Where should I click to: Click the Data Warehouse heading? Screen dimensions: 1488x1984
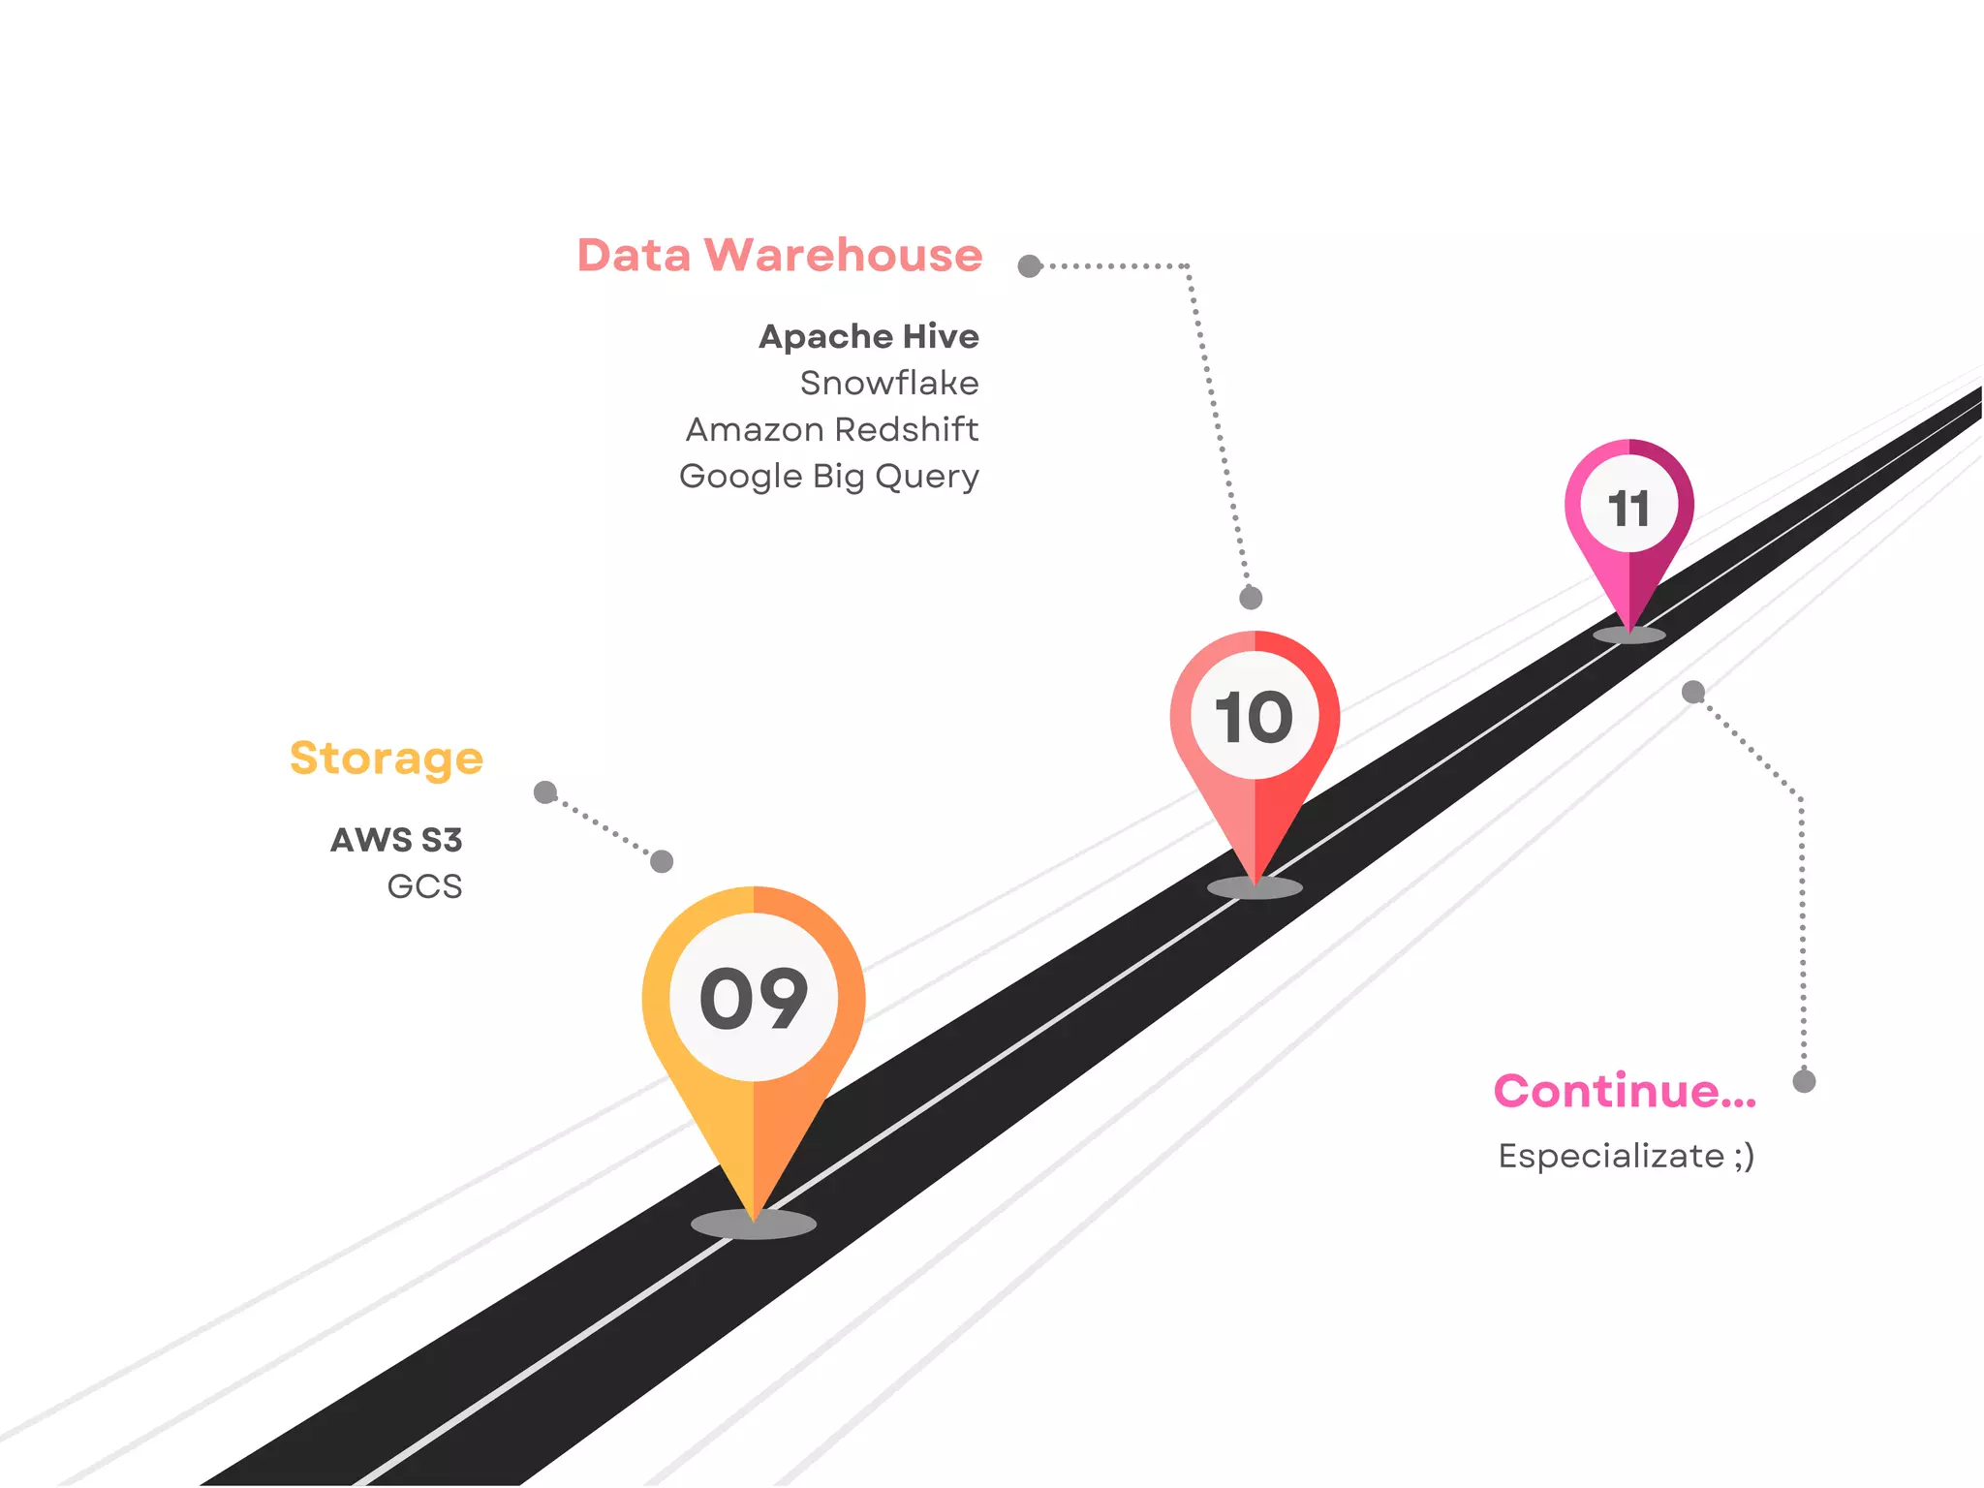click(x=780, y=256)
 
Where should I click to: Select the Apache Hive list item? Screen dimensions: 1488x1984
click(x=869, y=336)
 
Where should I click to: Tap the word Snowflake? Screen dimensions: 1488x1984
click(x=889, y=384)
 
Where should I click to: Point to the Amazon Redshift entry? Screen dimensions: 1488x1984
click(x=832, y=429)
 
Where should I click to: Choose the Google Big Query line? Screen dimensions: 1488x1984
click(x=829, y=477)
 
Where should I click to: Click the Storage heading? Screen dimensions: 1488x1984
click(x=387, y=758)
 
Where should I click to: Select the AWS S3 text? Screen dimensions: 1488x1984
click(x=397, y=840)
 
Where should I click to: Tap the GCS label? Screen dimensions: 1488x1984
click(x=424, y=886)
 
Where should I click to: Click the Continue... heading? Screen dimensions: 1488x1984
click(x=1625, y=1092)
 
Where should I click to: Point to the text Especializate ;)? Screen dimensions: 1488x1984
click(x=1627, y=1156)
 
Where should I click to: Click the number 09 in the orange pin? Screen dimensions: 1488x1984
click(x=754, y=999)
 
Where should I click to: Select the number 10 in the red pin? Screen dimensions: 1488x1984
click(x=1255, y=717)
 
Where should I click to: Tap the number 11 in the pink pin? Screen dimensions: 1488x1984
click(x=1628, y=509)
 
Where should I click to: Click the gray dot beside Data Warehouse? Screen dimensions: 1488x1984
click(x=1030, y=266)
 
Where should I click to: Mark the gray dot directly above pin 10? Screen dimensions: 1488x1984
click(x=1251, y=598)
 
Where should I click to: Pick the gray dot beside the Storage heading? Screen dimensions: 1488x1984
click(x=545, y=792)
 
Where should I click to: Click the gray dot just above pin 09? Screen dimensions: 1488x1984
click(x=662, y=861)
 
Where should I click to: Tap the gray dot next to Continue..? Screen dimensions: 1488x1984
click(x=1804, y=1081)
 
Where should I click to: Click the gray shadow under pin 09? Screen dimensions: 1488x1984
click(x=754, y=1224)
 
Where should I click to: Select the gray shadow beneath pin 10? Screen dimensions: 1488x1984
click(x=1255, y=887)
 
